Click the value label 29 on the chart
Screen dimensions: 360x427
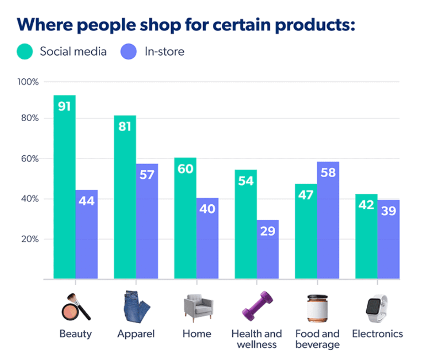click(x=268, y=231)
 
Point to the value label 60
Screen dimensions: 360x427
click(x=185, y=169)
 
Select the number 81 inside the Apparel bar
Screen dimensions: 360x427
click(x=125, y=126)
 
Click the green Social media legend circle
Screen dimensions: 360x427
click(x=25, y=52)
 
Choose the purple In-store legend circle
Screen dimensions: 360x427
click(x=129, y=52)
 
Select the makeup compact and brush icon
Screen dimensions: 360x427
click(x=75, y=307)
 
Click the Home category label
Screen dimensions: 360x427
click(x=197, y=334)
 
